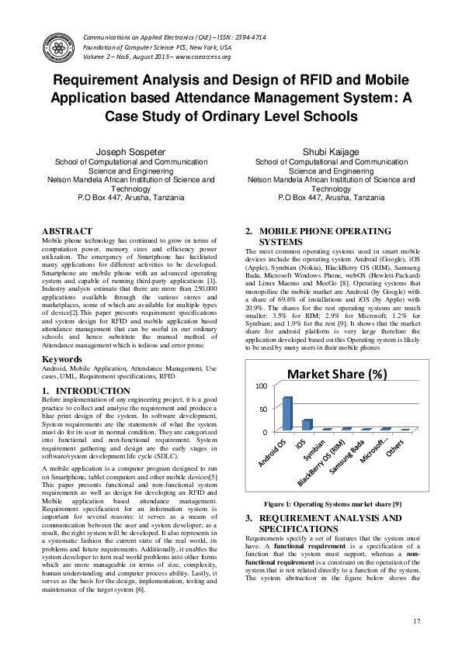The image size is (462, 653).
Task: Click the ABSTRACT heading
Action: click(x=67, y=231)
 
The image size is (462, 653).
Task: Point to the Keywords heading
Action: click(x=63, y=359)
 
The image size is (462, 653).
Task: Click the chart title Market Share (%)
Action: click(x=337, y=375)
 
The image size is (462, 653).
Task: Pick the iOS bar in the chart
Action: click(x=307, y=424)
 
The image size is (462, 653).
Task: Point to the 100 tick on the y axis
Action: click(x=261, y=385)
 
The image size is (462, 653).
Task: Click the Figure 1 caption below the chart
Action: click(x=332, y=504)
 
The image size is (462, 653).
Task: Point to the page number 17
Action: click(x=417, y=620)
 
